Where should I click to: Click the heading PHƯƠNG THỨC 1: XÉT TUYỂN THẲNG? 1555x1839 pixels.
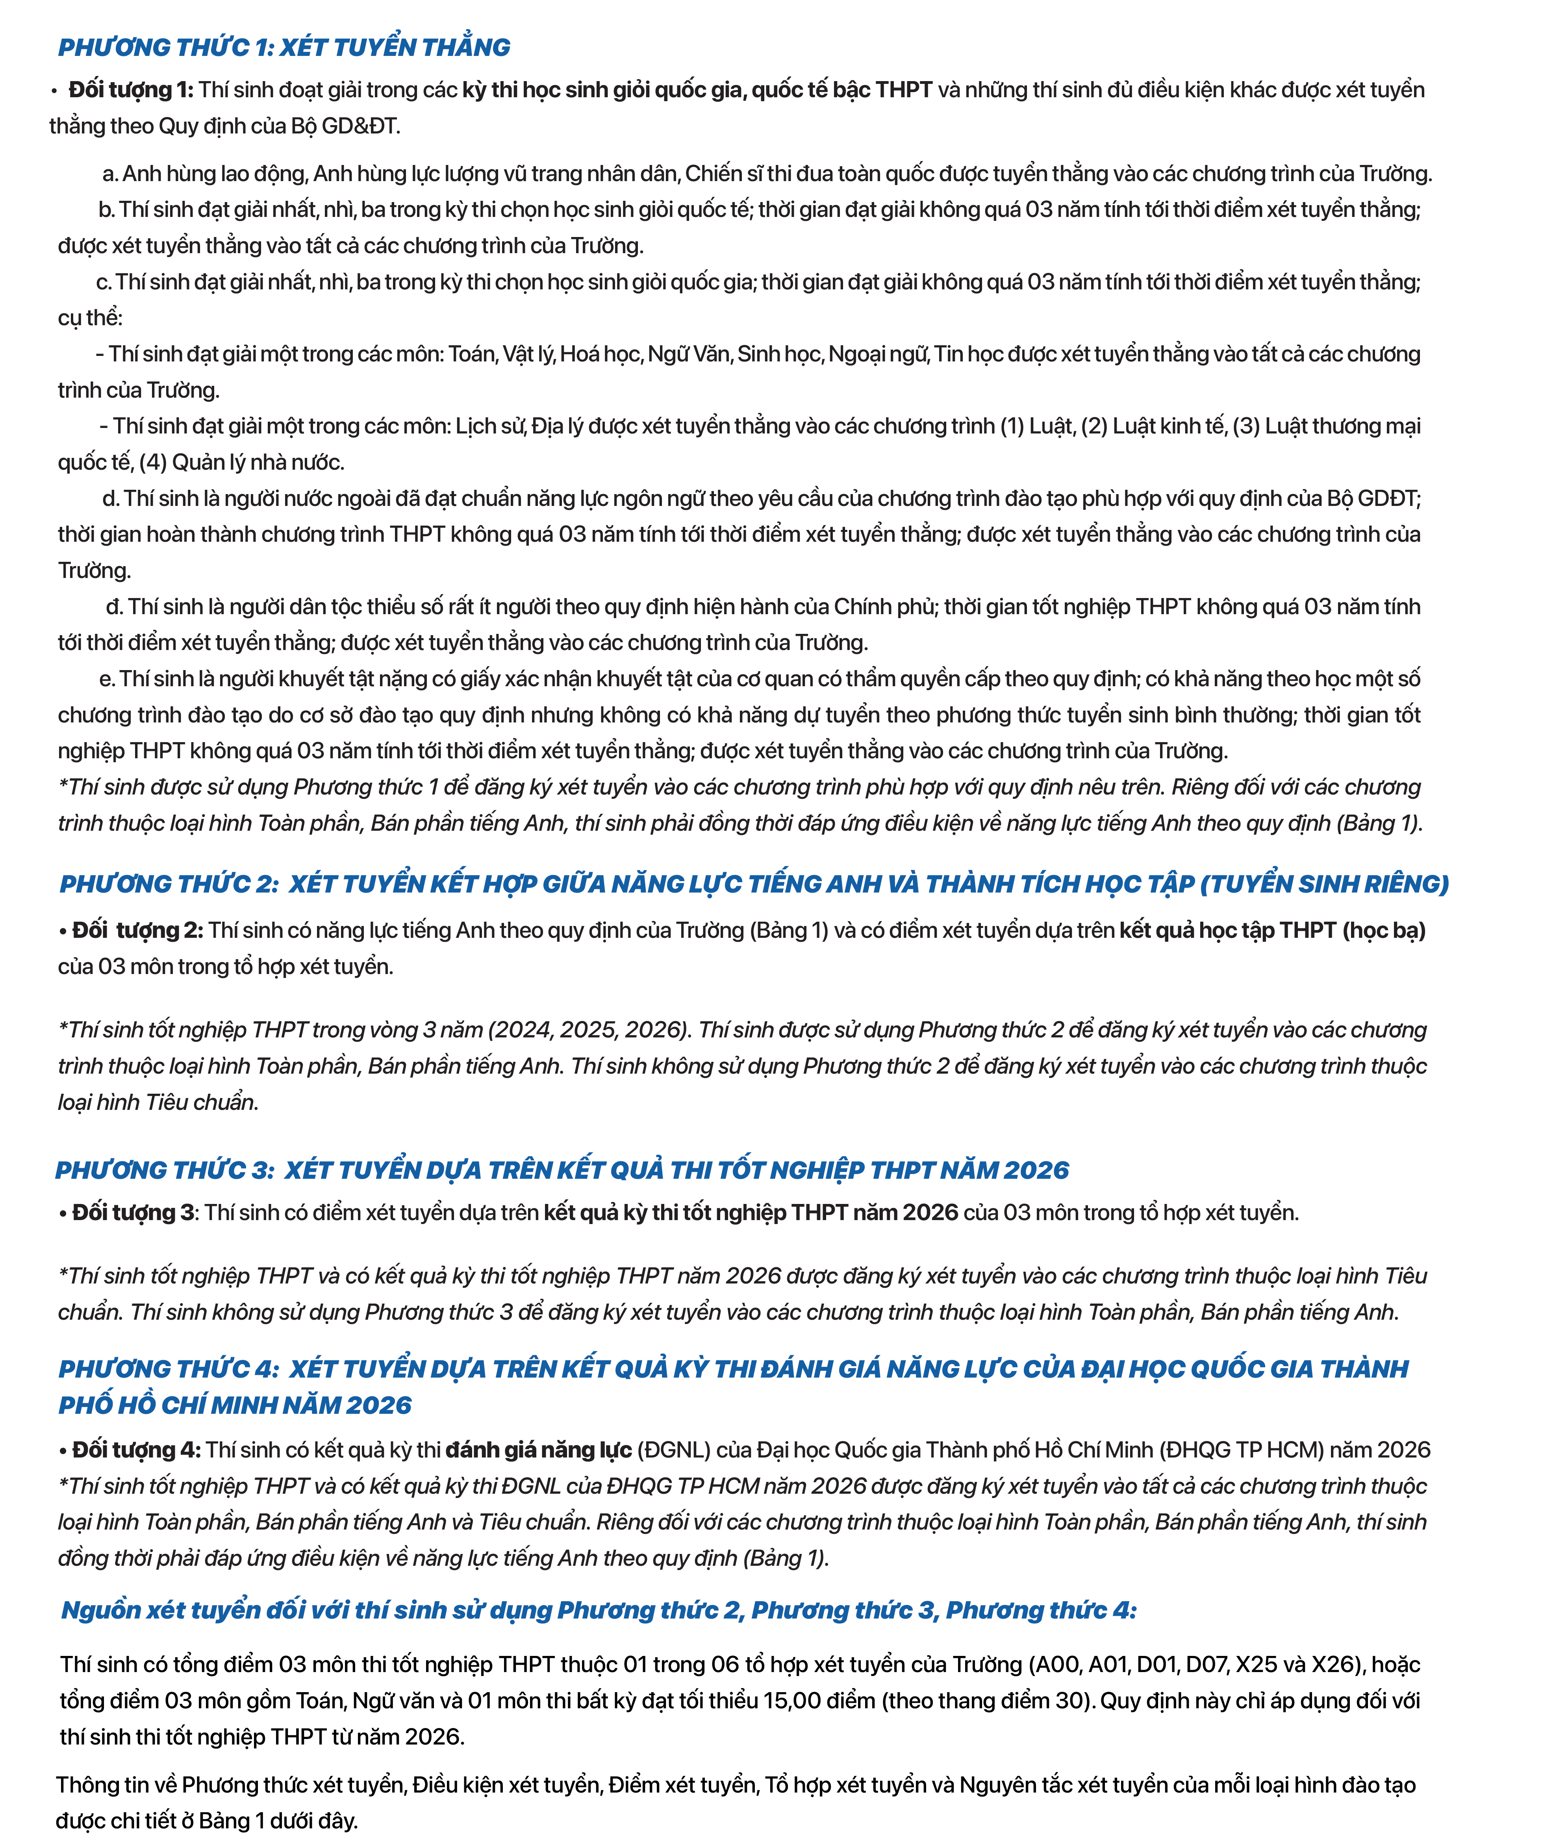284,47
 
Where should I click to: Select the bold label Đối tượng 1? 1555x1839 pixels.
130,90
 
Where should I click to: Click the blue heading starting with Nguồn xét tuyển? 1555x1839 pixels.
599,1610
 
